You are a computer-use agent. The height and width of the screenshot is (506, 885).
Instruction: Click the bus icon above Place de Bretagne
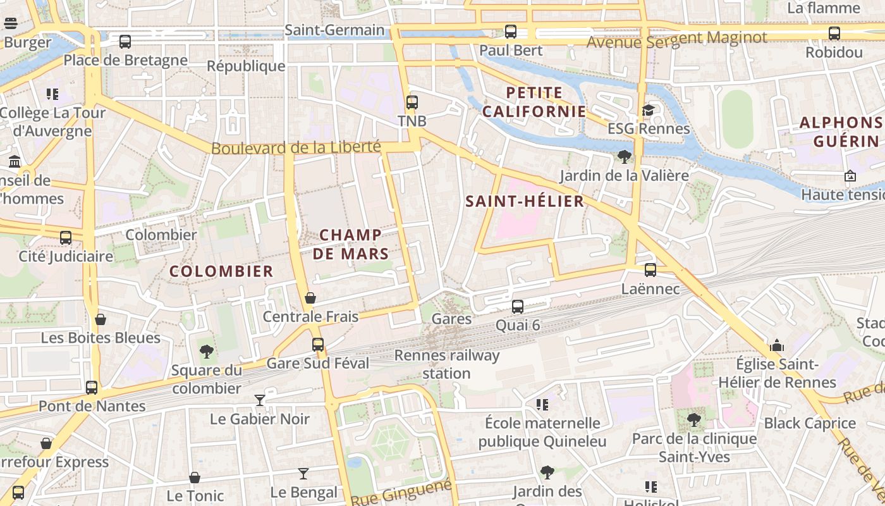tap(125, 42)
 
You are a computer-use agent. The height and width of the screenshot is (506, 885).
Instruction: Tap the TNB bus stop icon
tap(412, 102)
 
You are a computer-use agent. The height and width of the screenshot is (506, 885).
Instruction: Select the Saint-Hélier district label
tap(524, 201)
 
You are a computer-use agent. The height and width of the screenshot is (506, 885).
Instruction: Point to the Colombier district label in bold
tap(221, 271)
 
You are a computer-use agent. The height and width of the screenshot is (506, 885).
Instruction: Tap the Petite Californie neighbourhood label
tap(534, 102)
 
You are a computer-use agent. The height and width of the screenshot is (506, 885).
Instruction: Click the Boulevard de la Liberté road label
tap(296, 147)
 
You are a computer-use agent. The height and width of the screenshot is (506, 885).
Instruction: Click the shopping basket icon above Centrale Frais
tap(310, 297)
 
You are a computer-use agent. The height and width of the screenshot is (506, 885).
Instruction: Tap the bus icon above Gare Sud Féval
tap(318, 345)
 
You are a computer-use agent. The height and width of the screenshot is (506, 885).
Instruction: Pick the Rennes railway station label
tap(447, 364)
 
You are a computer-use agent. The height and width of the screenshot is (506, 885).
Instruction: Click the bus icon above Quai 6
tap(518, 307)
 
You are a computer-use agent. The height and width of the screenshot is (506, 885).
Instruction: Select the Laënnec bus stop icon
tap(650, 270)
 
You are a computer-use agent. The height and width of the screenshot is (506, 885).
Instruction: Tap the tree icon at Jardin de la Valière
tap(625, 156)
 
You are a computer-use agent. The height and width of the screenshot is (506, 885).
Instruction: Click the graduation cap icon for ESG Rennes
tap(649, 110)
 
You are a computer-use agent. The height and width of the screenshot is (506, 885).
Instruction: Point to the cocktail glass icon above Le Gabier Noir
tap(260, 400)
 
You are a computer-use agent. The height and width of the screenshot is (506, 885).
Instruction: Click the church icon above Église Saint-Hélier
tap(777, 345)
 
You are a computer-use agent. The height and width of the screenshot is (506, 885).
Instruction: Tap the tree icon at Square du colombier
tap(206, 352)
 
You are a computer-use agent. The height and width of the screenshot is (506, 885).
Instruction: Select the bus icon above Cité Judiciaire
tap(66, 238)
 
